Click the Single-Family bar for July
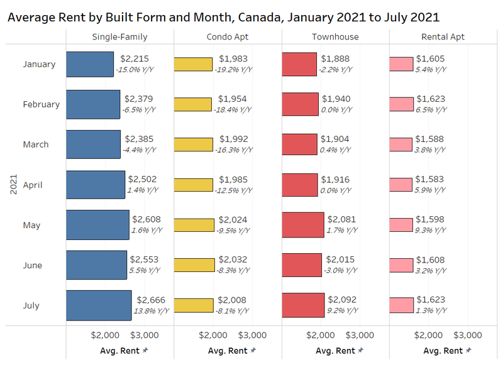click(99, 305)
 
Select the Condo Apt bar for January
click(194, 64)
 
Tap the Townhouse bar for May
click(303, 225)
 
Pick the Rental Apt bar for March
click(401, 144)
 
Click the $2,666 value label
click(150, 300)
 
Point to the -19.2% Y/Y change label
click(235, 69)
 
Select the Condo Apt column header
click(228, 36)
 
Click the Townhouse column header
click(335, 36)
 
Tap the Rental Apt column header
click(443, 36)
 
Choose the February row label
click(41, 104)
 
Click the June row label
click(32, 265)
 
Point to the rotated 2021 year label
click(13, 185)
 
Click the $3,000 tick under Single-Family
click(145, 335)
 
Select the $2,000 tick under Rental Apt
click(430, 335)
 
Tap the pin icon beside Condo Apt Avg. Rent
click(253, 351)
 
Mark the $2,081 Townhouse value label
click(341, 219)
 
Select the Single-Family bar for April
click(96, 185)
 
